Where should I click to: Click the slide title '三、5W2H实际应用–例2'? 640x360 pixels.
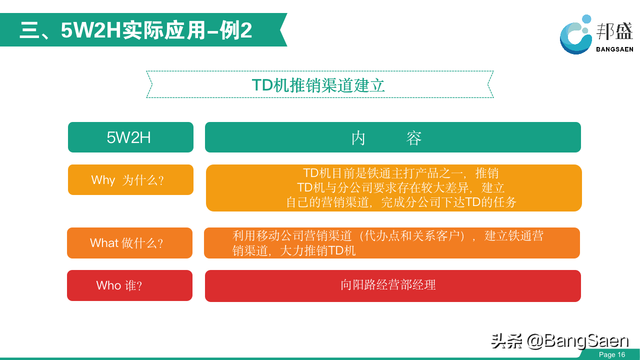(x=136, y=30)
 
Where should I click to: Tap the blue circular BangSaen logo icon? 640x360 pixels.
(x=575, y=35)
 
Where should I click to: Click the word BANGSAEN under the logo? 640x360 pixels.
(x=614, y=49)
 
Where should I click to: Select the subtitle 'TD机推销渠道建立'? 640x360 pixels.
(x=318, y=85)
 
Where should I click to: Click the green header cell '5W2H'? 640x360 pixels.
(x=130, y=137)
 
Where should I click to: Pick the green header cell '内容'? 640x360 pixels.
(x=393, y=137)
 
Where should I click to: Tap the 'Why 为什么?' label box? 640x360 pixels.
(x=130, y=179)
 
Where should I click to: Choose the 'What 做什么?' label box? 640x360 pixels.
(x=129, y=243)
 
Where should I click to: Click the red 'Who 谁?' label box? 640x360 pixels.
(x=129, y=285)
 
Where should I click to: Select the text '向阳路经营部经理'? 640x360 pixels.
(x=388, y=285)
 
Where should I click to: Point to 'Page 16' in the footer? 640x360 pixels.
(x=612, y=354)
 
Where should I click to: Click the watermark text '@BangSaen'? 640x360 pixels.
(x=577, y=341)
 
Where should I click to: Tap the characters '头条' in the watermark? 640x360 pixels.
(x=506, y=341)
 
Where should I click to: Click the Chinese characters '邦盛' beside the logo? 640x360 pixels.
(x=614, y=31)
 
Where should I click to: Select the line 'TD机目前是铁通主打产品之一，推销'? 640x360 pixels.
(x=400, y=173)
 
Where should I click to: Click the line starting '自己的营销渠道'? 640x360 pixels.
(x=401, y=202)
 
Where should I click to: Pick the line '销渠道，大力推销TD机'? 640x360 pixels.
(x=294, y=251)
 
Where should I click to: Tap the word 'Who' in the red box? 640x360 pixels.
(x=108, y=285)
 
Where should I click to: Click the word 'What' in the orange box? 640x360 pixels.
(x=104, y=243)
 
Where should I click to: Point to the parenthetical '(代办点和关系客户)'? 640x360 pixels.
(x=412, y=236)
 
